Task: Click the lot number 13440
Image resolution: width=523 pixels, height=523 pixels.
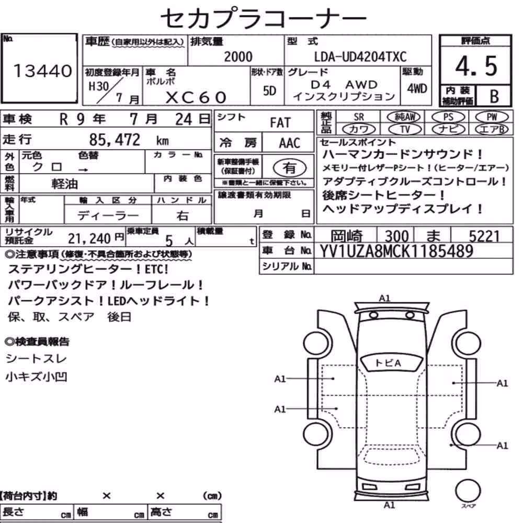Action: [x=43, y=71]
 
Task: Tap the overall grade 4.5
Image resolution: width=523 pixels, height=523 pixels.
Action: [x=476, y=66]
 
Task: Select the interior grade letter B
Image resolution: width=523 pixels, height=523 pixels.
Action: [x=494, y=96]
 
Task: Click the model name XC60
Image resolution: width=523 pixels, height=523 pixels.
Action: [x=196, y=97]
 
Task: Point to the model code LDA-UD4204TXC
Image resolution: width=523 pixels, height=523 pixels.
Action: [x=360, y=56]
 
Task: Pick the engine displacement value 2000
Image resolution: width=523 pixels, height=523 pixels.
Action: [x=238, y=56]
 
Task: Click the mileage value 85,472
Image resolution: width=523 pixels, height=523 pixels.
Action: [x=115, y=140]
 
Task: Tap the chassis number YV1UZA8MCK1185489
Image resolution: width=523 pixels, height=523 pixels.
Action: [x=396, y=251]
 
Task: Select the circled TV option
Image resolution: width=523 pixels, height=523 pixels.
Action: [x=405, y=129]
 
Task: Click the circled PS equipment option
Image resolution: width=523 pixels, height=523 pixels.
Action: [x=448, y=117]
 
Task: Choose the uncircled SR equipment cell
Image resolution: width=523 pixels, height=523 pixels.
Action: [x=359, y=117]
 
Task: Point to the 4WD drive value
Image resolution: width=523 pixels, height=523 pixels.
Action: [x=417, y=88]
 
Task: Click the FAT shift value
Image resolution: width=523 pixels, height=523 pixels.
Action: [x=280, y=123]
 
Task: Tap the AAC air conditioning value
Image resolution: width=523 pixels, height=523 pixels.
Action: [x=290, y=143]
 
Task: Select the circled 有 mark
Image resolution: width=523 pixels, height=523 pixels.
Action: [x=290, y=168]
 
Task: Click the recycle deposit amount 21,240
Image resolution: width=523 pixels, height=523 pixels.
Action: [x=89, y=238]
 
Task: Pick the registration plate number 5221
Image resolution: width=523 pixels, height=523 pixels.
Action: [x=484, y=236]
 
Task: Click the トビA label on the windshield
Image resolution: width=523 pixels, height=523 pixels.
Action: [x=388, y=363]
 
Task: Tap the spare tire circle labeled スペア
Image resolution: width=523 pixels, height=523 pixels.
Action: [x=468, y=491]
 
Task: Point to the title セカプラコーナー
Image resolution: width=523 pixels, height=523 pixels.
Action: [x=264, y=18]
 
